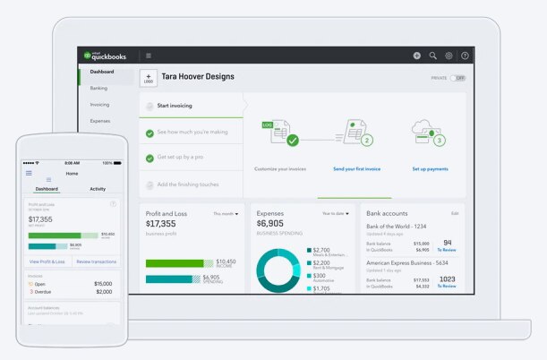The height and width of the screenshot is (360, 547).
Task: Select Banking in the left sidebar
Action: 99,88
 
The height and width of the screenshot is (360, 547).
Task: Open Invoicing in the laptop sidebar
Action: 100,104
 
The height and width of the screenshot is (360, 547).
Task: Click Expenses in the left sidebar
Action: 100,120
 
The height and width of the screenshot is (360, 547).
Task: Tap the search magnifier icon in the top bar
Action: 432,56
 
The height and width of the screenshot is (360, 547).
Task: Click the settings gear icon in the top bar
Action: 449,56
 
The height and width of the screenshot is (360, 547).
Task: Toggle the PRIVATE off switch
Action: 458,78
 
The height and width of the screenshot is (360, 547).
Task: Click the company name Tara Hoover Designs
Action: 198,77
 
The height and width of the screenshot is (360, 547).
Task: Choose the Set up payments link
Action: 430,168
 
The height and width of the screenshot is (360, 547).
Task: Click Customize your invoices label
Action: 280,168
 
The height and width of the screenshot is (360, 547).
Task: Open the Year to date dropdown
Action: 337,214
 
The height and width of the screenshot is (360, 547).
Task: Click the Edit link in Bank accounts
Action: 455,213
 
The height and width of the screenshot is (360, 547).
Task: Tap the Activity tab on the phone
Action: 98,189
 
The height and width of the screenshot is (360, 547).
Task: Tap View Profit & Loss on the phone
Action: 47,261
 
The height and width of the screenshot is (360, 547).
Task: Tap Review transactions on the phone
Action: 96,261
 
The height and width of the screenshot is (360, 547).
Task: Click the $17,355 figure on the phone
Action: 40,219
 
